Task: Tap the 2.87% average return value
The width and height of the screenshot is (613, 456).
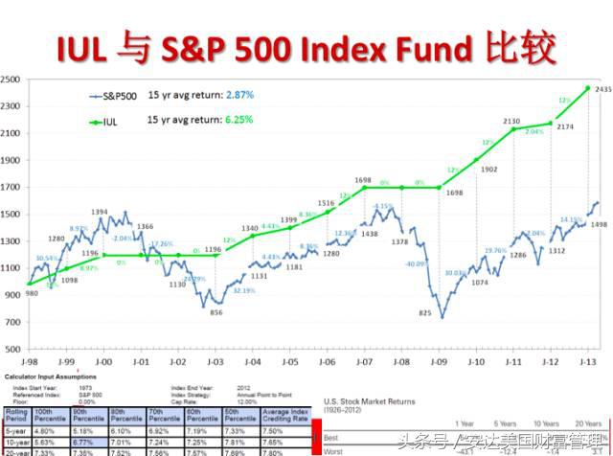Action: [238, 97]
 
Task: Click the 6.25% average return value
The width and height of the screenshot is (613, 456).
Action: [238, 121]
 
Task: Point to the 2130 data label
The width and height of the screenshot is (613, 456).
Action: [512, 121]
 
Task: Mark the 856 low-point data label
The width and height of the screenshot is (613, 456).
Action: [216, 312]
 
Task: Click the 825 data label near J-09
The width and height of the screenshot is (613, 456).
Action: [426, 313]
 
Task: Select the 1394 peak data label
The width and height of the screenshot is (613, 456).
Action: [100, 212]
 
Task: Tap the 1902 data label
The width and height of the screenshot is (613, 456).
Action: [488, 169]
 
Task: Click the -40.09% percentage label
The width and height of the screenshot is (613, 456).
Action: [416, 262]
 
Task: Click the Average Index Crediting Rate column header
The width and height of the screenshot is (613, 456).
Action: [289, 418]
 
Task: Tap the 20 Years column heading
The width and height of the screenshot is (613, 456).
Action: [585, 422]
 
